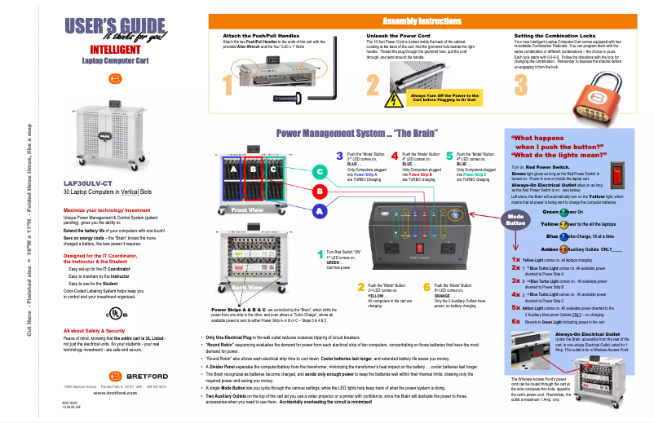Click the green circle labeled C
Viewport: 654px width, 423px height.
320,172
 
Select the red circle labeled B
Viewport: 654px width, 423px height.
320,192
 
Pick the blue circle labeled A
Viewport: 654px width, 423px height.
320,210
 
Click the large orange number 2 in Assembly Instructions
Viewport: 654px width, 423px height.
373,84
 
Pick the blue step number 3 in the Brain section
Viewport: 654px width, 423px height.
340,155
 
